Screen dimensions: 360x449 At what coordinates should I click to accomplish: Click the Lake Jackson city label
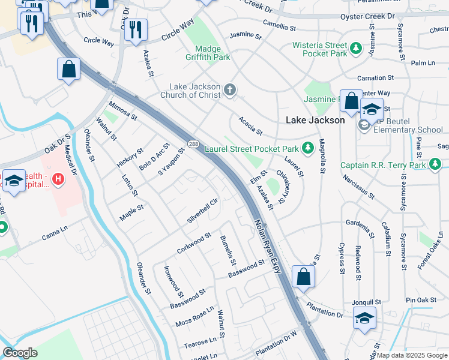315,120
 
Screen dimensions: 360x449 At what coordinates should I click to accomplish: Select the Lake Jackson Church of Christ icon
229,91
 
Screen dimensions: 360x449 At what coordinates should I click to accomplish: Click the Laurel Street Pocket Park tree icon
308,148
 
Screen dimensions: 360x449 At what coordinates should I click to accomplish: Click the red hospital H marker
58,178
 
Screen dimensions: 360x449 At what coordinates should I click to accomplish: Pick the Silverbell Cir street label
202,210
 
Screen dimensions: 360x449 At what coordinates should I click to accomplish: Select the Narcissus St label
360,187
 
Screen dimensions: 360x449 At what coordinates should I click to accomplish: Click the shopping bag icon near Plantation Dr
303,277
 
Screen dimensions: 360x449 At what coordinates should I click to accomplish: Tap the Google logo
20,353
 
